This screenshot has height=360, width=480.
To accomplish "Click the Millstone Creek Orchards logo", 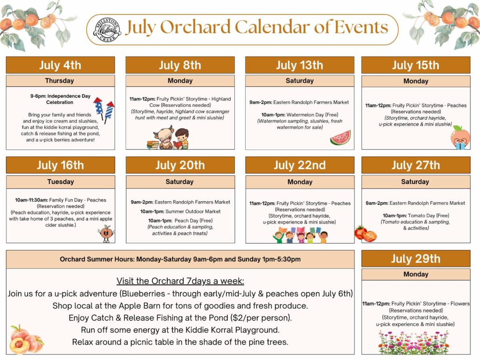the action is point(107,30).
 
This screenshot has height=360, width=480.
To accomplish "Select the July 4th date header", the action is point(60,65).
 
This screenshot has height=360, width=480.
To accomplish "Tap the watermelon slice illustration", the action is point(340,138).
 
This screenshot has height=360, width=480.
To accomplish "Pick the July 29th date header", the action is point(416,258).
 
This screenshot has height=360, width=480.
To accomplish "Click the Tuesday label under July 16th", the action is point(60,182).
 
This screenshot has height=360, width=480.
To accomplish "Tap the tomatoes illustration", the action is point(366,234).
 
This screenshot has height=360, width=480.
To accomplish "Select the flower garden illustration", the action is point(413,342).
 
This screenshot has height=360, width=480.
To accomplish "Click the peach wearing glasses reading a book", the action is point(460,138).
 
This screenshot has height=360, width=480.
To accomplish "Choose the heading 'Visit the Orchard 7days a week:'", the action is point(180,281).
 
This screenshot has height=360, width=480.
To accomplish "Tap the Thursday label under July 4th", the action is point(60,81).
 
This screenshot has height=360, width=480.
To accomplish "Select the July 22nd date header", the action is point(300,165).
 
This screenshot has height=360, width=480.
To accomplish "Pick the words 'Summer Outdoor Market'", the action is point(193,211).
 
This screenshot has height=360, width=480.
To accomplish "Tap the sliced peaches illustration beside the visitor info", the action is point(26,339).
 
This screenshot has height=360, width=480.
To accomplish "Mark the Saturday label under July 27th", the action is point(415,182).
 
